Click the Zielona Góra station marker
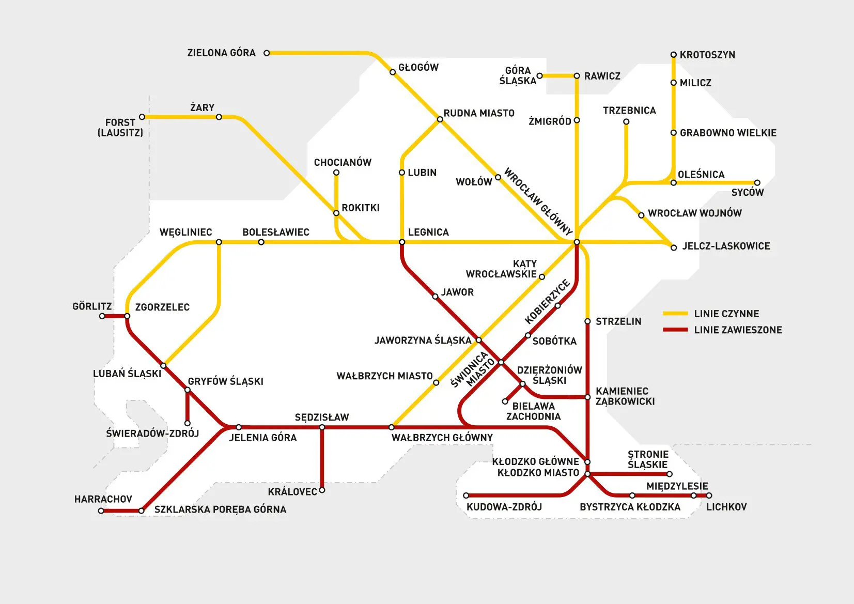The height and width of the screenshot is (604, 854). click(267, 53)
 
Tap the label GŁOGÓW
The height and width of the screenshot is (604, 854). click(418, 67)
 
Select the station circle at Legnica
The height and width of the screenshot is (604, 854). click(402, 242)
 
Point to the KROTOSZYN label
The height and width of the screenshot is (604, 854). click(707, 55)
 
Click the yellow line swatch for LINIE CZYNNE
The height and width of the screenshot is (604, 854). click(675, 314)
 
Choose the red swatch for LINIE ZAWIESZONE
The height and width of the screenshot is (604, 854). click(675, 330)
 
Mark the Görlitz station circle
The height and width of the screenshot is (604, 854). click(102, 316)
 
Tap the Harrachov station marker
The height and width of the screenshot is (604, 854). click(101, 511)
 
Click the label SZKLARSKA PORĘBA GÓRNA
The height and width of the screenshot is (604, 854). click(220, 509)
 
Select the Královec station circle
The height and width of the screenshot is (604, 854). click(322, 490)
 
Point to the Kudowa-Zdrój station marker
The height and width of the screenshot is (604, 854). click(466, 495)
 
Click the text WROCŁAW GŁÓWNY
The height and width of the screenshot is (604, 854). click(538, 201)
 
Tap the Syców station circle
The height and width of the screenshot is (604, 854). click(757, 182)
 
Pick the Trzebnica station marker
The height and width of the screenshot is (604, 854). click(626, 122)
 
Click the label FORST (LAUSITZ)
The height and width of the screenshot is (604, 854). click(120, 127)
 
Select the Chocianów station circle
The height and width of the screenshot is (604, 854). click(336, 173)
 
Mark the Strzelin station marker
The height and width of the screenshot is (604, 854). click(587, 321)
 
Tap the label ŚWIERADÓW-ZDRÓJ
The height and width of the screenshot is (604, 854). click(152, 433)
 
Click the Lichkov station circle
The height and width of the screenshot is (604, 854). click(709, 495)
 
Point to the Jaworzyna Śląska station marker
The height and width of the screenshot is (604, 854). click(478, 340)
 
